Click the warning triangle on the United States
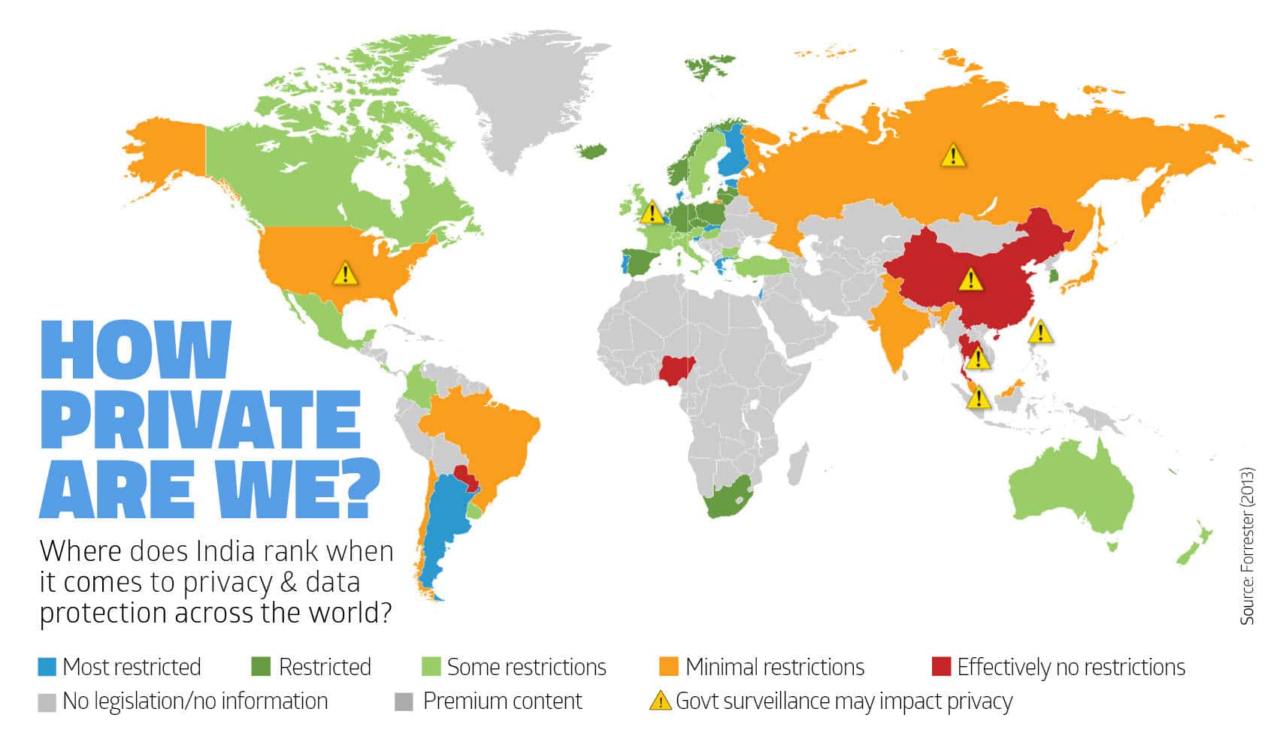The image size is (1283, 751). pyautogui.click(x=345, y=273)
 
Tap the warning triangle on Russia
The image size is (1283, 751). pyautogui.click(x=953, y=155)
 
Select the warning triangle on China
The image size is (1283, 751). pyautogui.click(x=971, y=280)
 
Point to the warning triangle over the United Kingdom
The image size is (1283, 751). pyautogui.click(x=652, y=213)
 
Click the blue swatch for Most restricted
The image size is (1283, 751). pyautogui.click(x=47, y=667)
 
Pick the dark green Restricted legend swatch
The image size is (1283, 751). pyautogui.click(x=260, y=667)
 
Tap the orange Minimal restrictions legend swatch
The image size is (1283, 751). pyautogui.click(x=668, y=667)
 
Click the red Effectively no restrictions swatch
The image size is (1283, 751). pyautogui.click(x=941, y=667)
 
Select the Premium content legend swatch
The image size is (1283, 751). pyautogui.click(x=404, y=701)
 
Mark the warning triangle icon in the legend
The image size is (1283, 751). pyautogui.click(x=660, y=701)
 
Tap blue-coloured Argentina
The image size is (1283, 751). pyautogui.click(x=443, y=526)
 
